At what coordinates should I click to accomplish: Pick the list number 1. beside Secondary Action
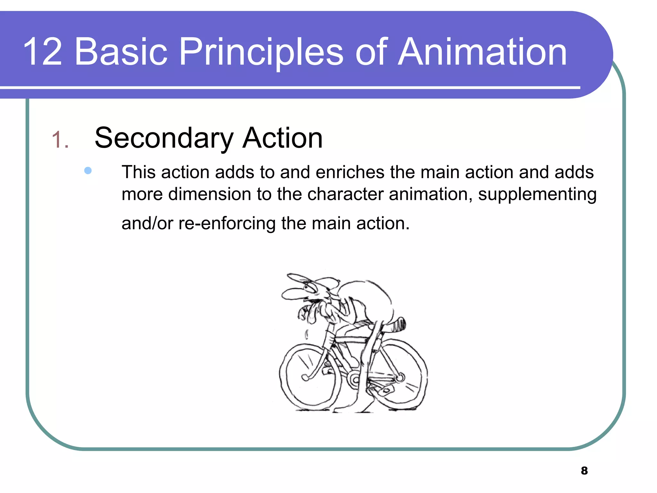click(x=60, y=140)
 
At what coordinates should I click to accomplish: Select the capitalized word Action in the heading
click(x=282, y=138)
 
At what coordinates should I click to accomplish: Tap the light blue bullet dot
click(x=88, y=170)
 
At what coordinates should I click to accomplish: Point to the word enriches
click(x=350, y=172)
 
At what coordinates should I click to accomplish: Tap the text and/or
click(x=147, y=223)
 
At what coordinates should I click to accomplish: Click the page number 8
click(x=584, y=471)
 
